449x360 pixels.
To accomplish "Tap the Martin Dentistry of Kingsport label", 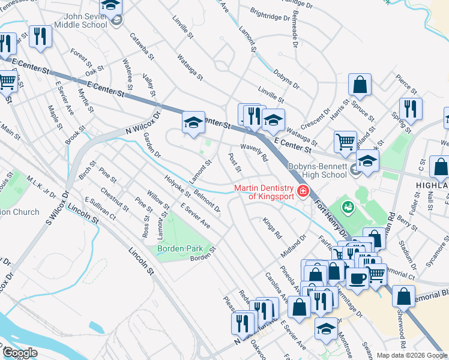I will tap(264, 192).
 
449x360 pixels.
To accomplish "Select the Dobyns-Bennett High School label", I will tap(316, 170).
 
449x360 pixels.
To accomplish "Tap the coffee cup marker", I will tap(358, 278).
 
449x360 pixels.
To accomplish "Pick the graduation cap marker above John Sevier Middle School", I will tap(110, 6).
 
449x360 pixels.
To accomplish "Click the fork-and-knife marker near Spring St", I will tap(411, 109).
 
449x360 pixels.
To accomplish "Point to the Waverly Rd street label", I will tap(254, 152).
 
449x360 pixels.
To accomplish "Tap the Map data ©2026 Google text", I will tap(411, 355).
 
